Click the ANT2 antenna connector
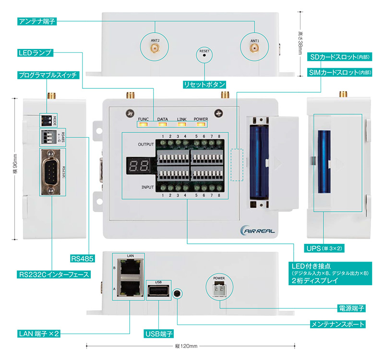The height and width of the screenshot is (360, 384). pos(154,48)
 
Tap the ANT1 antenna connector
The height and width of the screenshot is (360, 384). pos(254,48)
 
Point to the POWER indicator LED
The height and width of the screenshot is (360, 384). pos(201,125)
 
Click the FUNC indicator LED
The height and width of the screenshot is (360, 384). pos(143,125)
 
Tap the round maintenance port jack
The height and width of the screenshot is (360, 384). pos(178,293)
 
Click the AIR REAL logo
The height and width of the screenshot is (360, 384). pos(258,231)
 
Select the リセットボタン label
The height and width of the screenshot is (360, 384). pos(204,84)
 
